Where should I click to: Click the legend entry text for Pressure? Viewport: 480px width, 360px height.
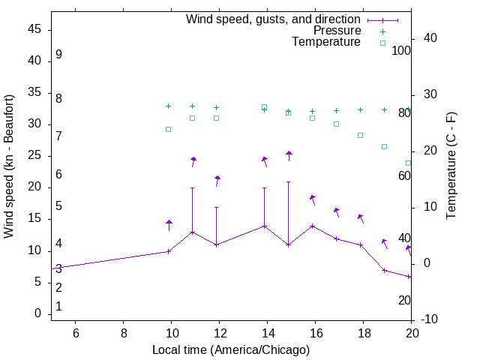337,31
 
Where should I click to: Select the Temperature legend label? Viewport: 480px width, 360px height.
326,43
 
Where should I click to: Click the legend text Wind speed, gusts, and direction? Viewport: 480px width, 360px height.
274,19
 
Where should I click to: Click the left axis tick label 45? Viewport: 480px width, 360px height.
34,30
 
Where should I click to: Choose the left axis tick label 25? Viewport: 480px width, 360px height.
34,156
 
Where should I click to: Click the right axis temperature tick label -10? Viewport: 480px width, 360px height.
430,319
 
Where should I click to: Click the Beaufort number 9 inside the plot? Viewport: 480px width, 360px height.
58,55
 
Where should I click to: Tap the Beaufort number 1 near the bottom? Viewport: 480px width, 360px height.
58,307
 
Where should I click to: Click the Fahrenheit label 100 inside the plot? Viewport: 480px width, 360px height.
402,51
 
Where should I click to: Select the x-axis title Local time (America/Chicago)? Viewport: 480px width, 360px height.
231,349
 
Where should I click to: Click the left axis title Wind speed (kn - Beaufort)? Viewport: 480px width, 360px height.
9,166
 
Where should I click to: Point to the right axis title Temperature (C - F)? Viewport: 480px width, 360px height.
451,166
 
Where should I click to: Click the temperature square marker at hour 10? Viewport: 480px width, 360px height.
168,129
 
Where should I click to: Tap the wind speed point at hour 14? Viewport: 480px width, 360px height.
264,226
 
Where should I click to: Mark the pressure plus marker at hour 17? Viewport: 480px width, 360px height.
336,110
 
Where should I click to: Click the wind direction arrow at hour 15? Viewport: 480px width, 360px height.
289,155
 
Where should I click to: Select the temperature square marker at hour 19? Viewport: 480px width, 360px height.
384,146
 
